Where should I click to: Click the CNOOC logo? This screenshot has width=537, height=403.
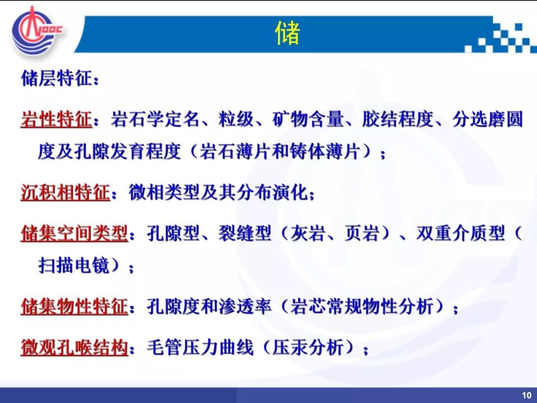click(37, 31)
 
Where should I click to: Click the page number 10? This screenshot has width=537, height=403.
click(527, 395)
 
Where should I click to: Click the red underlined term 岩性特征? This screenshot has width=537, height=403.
click(56, 119)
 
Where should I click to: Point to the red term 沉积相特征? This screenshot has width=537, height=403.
click(65, 192)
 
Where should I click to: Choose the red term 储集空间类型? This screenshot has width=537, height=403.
click(74, 233)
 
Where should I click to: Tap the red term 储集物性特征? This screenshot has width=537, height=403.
click(74, 306)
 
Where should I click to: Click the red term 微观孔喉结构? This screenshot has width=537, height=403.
click(74, 347)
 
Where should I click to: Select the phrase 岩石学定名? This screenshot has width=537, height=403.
click(155, 119)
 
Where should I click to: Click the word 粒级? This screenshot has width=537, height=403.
click(236, 119)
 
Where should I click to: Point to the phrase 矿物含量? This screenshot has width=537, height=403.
click(308, 119)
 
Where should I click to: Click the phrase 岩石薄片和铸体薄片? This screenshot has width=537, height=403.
click(279, 151)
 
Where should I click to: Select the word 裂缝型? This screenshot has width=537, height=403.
click(245, 233)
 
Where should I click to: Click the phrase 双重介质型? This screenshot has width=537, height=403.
click(460, 233)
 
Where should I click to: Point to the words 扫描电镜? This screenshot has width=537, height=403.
click(74, 265)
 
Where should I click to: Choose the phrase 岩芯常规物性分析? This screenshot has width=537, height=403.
click(361, 306)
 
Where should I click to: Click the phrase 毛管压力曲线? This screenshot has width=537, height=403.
click(200, 347)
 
